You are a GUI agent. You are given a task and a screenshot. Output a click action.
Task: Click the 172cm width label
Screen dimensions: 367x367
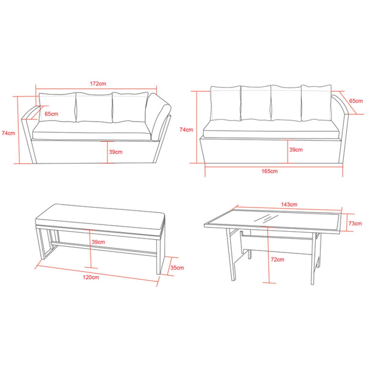pyautogui.click(x=98, y=83)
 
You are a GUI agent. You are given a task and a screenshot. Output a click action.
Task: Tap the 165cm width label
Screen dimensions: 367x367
pyautogui.click(x=269, y=171)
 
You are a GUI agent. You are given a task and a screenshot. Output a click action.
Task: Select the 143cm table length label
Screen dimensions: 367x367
pyautogui.click(x=289, y=205)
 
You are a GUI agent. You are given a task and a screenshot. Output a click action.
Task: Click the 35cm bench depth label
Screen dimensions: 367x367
pyautogui.click(x=177, y=268)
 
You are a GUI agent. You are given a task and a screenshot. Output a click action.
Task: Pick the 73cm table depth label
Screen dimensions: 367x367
pyautogui.click(x=355, y=223)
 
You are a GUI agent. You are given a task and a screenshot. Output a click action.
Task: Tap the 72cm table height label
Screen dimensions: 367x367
pyautogui.click(x=277, y=259)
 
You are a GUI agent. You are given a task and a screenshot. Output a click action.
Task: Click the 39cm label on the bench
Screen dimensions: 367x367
pyautogui.click(x=98, y=242)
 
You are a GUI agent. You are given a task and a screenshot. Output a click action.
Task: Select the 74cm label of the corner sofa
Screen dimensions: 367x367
pyautogui.click(x=8, y=133)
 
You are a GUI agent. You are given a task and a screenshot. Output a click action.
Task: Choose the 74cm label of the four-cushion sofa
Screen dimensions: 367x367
pyautogui.click(x=186, y=130)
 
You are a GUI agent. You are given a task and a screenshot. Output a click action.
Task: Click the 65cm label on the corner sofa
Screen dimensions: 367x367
pyautogui.click(x=51, y=114)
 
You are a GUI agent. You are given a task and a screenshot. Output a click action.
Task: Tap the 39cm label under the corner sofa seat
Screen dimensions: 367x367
pyautogui.click(x=116, y=152)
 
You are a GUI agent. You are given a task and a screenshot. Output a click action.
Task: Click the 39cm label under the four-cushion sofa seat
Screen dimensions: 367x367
pyautogui.click(x=296, y=150)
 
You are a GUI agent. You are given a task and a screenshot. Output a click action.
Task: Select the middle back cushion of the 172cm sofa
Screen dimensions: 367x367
pyautogui.click(x=94, y=107)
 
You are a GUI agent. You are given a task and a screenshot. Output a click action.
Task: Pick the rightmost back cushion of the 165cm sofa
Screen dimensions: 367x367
pyautogui.click(x=316, y=103)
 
